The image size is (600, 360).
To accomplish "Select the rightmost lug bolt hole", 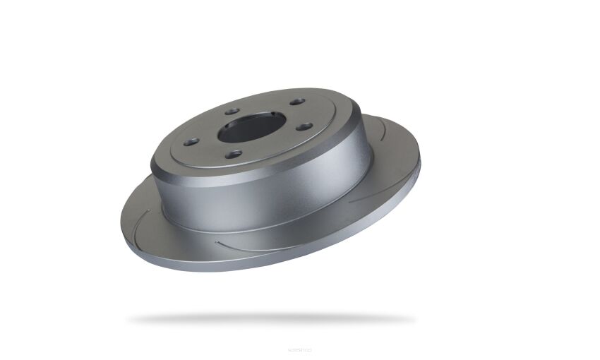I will click(305, 127).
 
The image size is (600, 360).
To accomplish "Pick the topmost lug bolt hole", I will click(297, 102).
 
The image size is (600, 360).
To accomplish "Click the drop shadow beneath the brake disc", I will click(272, 319).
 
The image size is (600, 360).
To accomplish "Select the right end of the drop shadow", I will click(413, 319).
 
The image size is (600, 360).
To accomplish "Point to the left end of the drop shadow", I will click(131, 320).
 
